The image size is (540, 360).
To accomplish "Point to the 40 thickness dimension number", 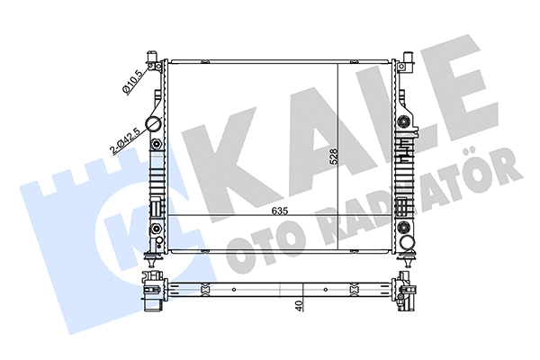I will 298,306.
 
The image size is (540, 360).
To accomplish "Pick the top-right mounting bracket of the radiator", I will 407,62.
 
